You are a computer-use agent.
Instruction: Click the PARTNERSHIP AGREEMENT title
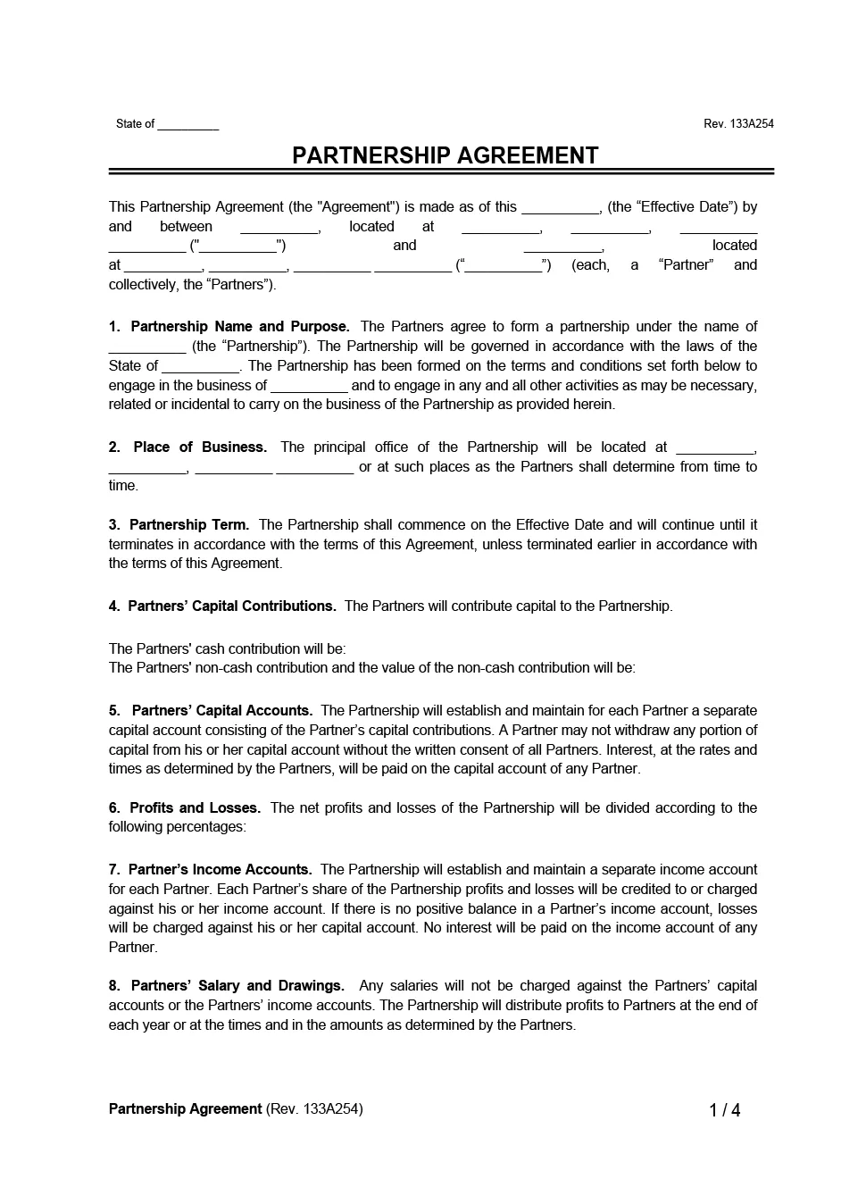coord(445,155)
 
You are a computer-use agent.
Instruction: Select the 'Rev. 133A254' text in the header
coord(738,124)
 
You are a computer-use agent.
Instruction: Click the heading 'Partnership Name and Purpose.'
coord(239,327)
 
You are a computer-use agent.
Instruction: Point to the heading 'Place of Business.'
coord(199,447)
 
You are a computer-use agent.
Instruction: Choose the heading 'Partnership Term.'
coord(188,525)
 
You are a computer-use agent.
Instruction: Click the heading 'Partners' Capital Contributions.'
coord(232,606)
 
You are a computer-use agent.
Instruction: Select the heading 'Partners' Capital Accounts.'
coord(221,711)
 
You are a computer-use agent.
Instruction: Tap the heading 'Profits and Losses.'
coord(195,808)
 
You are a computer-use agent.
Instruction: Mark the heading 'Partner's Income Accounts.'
coord(220,870)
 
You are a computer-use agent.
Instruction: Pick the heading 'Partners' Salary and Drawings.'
coord(237,986)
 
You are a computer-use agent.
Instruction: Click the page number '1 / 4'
coord(724,1110)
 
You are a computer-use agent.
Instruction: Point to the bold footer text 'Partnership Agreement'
coord(185,1109)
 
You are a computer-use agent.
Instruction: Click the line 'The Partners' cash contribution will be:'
coord(227,649)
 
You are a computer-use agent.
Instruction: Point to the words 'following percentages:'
coord(177,827)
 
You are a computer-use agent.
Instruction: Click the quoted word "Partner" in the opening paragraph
coord(685,265)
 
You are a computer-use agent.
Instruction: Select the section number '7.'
coord(114,870)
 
